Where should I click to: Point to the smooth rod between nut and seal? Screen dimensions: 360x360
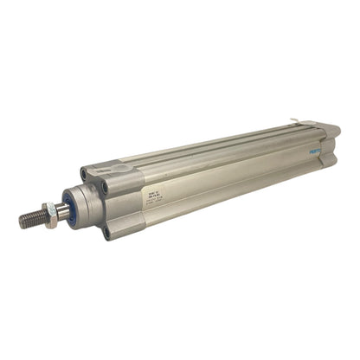(x=59, y=214)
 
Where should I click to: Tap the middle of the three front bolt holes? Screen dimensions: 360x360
(x=105, y=186)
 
